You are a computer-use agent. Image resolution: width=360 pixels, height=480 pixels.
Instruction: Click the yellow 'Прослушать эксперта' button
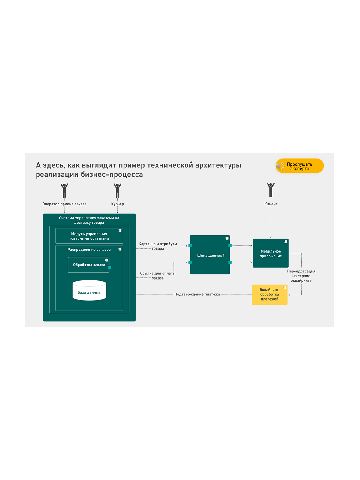pyautogui.click(x=299, y=165)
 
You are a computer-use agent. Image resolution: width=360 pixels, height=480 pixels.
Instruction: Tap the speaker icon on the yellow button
pyautogui.click(x=280, y=166)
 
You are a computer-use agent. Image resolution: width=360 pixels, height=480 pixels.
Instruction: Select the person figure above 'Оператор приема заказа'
pyautogui.click(x=64, y=190)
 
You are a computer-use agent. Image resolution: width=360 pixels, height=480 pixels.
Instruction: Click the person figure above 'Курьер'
pyautogui.click(x=117, y=190)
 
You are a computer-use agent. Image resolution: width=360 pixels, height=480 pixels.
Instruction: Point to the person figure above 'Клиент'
pyautogui.click(x=271, y=190)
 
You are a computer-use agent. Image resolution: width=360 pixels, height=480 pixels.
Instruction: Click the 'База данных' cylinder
pyautogui.click(x=89, y=290)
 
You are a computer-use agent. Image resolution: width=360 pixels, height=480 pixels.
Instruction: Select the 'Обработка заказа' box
pyautogui.click(x=89, y=265)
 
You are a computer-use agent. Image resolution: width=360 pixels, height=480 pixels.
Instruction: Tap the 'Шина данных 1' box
pyautogui.click(x=210, y=255)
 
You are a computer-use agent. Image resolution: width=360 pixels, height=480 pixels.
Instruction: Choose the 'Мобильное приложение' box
pyautogui.click(x=271, y=253)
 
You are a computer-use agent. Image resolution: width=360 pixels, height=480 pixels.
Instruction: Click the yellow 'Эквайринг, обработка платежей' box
pyautogui.click(x=269, y=295)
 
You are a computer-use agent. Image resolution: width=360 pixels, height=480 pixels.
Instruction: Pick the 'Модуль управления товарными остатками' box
pyautogui.click(x=89, y=236)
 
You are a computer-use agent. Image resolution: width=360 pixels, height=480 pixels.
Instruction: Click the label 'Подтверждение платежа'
pyautogui.click(x=197, y=294)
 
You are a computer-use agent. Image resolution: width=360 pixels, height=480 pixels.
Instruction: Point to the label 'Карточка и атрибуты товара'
pyautogui.click(x=157, y=246)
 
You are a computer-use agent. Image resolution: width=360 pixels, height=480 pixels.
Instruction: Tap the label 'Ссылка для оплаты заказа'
pyautogui.click(x=157, y=275)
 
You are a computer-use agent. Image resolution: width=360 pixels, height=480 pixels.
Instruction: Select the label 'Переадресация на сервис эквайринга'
pyautogui.click(x=301, y=276)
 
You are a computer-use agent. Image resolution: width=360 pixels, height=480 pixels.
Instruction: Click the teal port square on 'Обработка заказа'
pyautogui.click(x=109, y=267)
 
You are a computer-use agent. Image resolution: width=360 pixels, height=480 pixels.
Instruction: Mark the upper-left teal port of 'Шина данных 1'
pyautogui.click(x=190, y=246)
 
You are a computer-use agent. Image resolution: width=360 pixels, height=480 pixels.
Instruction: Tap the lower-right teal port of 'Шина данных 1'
pyautogui.click(x=230, y=262)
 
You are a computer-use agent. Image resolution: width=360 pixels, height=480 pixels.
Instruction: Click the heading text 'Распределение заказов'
pyautogui.click(x=89, y=250)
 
